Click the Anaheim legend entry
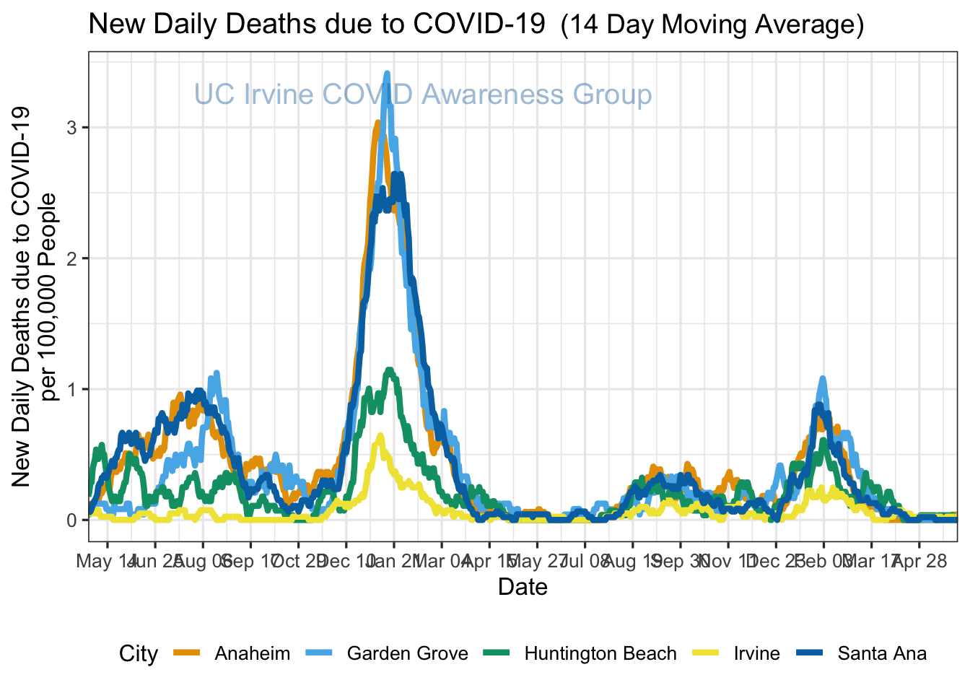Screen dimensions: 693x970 click(252, 654)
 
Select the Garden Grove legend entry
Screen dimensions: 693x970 click(407, 654)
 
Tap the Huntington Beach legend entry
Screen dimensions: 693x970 click(600, 654)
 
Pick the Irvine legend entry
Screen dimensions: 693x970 click(756, 654)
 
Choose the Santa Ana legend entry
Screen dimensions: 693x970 click(882, 654)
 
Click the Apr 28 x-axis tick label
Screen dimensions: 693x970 click(919, 561)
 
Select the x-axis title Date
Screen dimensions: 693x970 click(523, 587)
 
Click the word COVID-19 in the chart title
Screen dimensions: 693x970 click(479, 25)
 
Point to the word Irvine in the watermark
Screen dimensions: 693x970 click(279, 95)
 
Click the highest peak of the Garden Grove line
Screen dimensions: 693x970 click(388, 73)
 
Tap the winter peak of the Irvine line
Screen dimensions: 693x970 click(380, 435)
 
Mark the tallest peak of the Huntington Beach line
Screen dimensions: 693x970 click(390, 370)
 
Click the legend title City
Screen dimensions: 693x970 click(139, 654)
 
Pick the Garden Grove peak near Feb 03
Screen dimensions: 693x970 click(823, 378)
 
